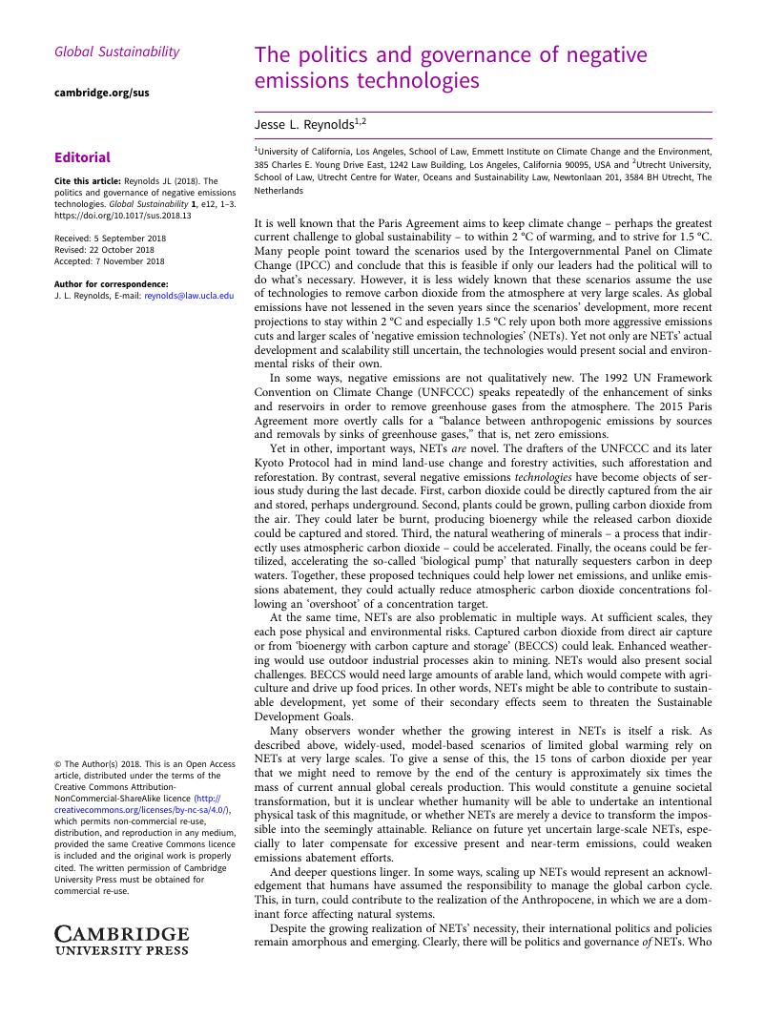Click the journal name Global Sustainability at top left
point(117,52)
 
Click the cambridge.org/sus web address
point(102,93)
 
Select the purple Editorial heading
point(83,157)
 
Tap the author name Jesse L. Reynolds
point(305,124)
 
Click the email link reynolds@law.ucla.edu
point(189,296)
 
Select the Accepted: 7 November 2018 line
point(110,261)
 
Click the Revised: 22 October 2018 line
point(105,250)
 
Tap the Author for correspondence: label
point(112,284)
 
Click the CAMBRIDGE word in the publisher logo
point(121,934)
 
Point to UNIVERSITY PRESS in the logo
point(121,950)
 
